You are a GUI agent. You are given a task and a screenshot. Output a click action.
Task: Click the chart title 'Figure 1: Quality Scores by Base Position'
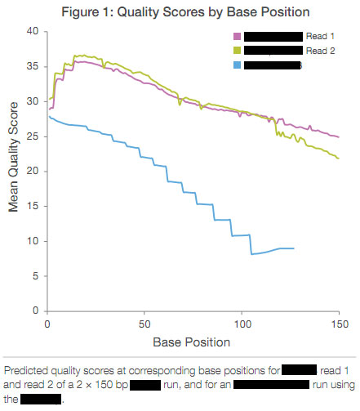180,11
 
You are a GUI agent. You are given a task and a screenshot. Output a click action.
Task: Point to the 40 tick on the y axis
33,31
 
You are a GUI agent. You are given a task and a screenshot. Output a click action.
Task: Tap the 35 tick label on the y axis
33,66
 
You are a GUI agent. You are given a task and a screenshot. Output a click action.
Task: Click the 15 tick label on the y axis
33,207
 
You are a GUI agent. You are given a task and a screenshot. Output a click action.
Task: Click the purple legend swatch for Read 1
238,37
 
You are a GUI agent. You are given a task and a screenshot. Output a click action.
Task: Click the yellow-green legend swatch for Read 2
238,51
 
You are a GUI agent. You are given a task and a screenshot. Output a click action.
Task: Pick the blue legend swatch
238,65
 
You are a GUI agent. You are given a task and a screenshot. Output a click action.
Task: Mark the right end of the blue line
293,248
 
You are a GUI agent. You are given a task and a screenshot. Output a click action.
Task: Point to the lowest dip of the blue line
251,254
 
